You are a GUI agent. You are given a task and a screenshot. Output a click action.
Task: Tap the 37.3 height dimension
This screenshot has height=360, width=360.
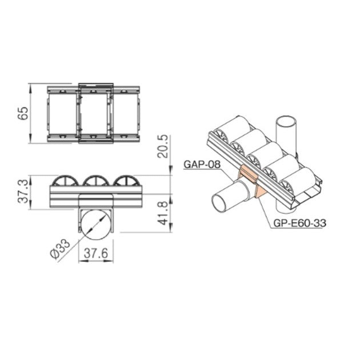[x=22, y=190]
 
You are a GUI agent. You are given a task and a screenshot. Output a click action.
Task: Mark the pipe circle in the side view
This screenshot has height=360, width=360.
[x=95, y=225]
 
